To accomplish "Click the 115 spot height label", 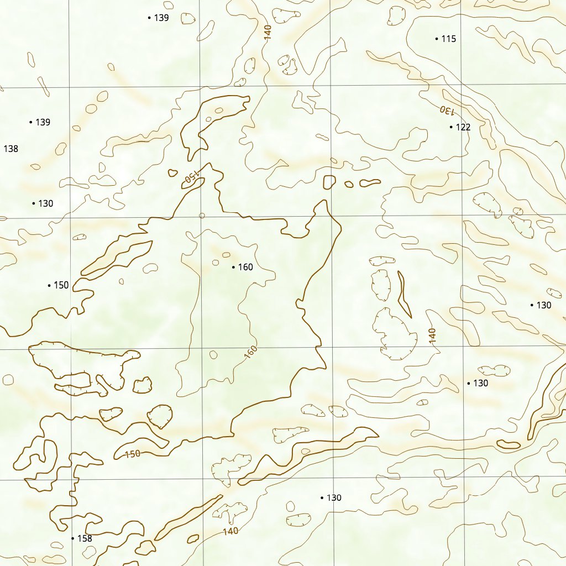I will point(449,39).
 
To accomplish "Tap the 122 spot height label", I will point(463,127).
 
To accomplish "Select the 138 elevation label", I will point(11,149).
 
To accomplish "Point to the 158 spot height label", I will point(85,538).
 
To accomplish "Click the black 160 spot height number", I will point(245,268).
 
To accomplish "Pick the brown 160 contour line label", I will point(250,352).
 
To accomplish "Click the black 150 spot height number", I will point(61,285).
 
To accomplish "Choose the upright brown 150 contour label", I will point(133,454).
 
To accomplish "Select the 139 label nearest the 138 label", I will point(43,122).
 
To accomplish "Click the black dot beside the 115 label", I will point(437,39).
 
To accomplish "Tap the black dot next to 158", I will point(72,538).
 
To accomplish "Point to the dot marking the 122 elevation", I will point(451,127).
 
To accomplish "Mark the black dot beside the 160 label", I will point(233,268).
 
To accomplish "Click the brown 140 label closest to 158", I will point(230,532).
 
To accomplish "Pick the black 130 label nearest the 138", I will point(45,203).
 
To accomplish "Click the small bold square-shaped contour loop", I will point(329,182).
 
